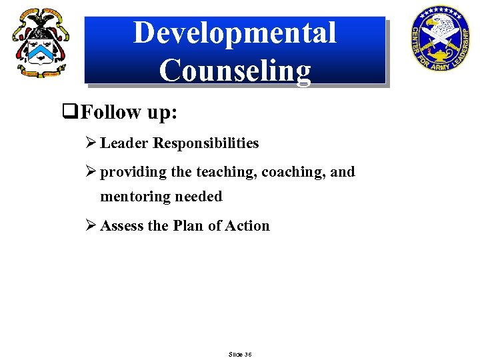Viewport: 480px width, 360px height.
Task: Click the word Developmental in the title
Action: [x=235, y=33]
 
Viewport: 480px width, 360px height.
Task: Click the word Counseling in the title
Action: [x=235, y=70]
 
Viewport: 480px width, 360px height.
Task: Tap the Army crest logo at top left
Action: [x=39, y=43]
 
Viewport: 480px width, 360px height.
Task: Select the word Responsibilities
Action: [x=206, y=143]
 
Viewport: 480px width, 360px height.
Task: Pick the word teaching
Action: [x=226, y=172]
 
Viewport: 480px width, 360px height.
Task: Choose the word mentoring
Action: [x=136, y=197]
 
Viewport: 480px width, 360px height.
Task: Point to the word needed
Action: [x=199, y=197]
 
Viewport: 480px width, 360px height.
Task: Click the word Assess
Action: [x=122, y=226]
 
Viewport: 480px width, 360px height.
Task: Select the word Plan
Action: [x=189, y=226]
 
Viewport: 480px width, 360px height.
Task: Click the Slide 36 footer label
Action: [x=239, y=354]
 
